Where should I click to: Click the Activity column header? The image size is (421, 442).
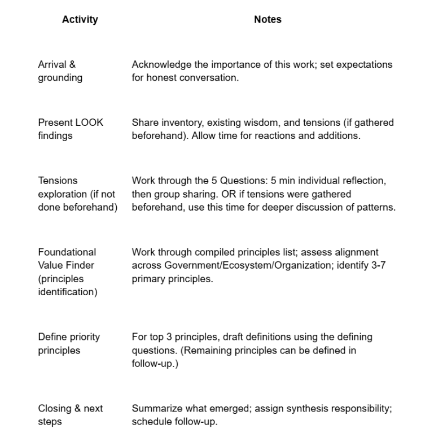[80, 19]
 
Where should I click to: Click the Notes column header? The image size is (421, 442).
[267, 19]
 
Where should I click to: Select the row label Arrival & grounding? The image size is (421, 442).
[60, 71]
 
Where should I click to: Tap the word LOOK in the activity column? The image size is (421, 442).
[89, 122]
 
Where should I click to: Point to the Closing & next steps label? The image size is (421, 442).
[70, 415]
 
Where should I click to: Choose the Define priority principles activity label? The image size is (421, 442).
[69, 343]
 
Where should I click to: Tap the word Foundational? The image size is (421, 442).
[67, 252]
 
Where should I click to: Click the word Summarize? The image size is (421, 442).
[156, 408]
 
